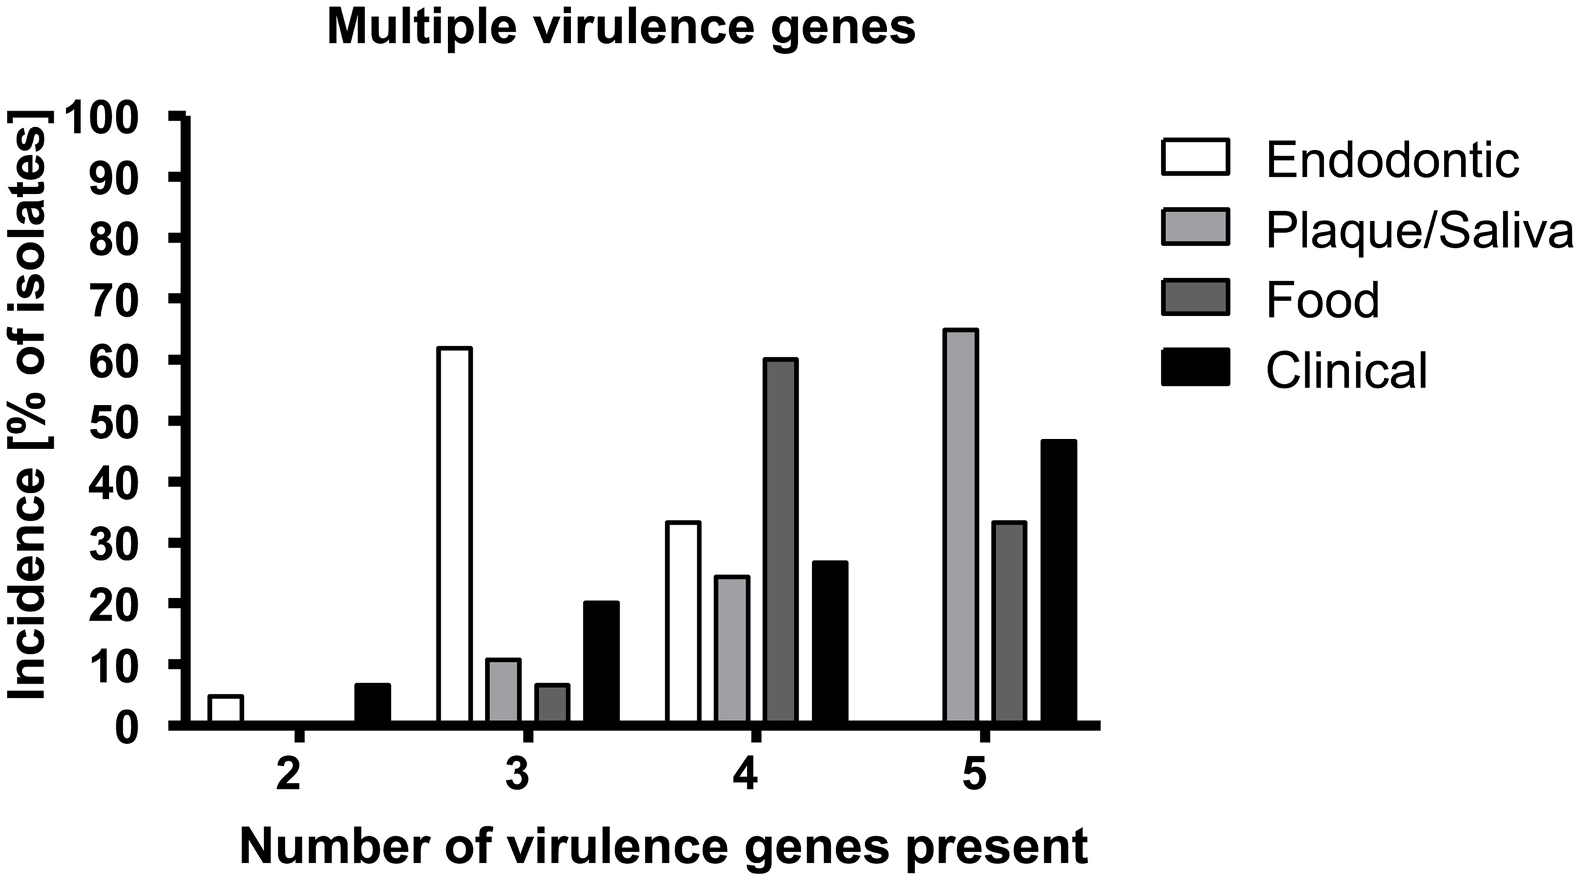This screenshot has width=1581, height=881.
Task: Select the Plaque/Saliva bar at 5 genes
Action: pos(961,525)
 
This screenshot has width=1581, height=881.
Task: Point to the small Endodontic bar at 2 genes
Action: pos(225,708)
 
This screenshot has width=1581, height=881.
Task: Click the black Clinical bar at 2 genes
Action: pos(372,702)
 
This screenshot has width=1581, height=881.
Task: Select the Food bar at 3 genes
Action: pos(552,702)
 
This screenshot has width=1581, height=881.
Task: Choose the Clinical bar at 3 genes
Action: pos(600,661)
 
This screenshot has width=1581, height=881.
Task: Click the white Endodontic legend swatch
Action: pos(1195,157)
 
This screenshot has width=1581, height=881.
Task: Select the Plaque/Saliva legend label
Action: pos(1419,231)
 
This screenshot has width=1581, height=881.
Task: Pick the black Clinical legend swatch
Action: pos(1195,367)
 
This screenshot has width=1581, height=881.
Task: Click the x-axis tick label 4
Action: pos(746,777)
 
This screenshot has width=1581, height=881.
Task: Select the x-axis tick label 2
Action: pos(288,777)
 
